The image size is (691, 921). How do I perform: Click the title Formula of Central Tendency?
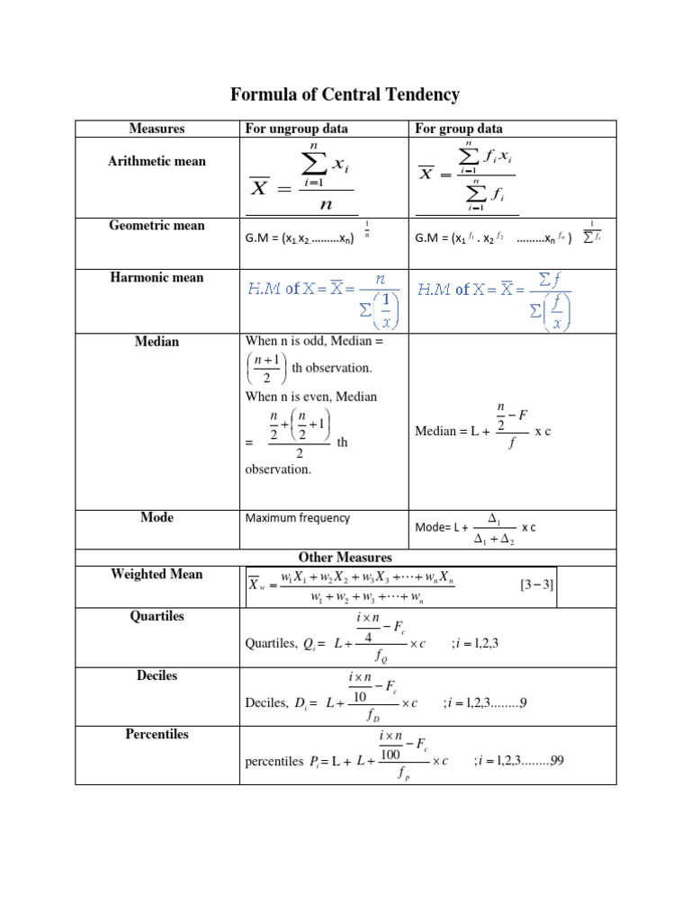pyautogui.click(x=345, y=94)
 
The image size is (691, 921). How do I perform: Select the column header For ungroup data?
pyautogui.click(x=296, y=129)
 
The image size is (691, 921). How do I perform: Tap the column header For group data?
pyautogui.click(x=459, y=129)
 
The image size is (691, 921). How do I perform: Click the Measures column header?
pyautogui.click(x=157, y=129)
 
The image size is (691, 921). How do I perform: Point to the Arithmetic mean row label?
pyautogui.click(x=157, y=162)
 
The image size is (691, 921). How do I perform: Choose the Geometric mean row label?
pyautogui.click(x=157, y=226)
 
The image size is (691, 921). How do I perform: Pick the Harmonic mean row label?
pyautogui.click(x=157, y=278)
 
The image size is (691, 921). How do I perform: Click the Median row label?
pyautogui.click(x=157, y=342)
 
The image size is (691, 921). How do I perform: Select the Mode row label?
pyautogui.click(x=157, y=518)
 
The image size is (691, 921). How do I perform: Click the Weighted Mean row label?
pyautogui.click(x=157, y=575)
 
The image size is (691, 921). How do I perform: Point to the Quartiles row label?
pyautogui.click(x=157, y=616)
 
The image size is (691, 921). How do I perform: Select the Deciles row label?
pyautogui.click(x=157, y=675)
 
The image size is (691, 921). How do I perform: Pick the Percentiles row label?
pyautogui.click(x=157, y=735)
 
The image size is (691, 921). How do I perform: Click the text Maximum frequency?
pyautogui.click(x=298, y=519)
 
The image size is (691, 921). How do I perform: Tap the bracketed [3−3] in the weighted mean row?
pyautogui.click(x=536, y=585)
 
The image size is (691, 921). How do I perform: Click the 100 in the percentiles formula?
pyautogui.click(x=390, y=755)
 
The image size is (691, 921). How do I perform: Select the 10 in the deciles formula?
pyautogui.click(x=360, y=697)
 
